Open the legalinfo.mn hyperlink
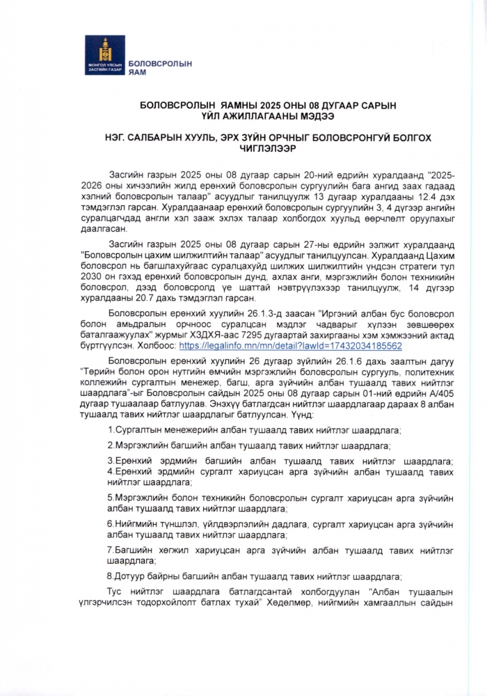290,345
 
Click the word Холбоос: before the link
157,345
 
